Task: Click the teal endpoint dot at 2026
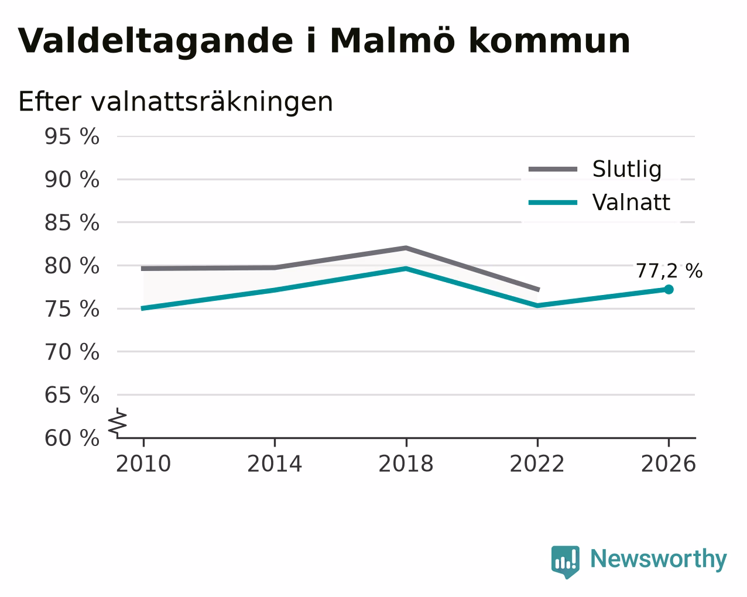(669, 289)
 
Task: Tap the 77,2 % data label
(669, 271)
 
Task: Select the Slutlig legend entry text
(626, 169)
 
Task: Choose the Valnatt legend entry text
(631, 203)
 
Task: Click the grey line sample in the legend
(553, 169)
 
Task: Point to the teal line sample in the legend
(553, 203)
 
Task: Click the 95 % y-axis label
(72, 136)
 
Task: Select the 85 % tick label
(72, 222)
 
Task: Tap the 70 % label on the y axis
(72, 352)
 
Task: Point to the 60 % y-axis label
(72, 438)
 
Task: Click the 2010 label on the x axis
(143, 464)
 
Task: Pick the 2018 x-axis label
(406, 464)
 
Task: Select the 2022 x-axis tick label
(537, 464)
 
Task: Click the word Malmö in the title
(392, 41)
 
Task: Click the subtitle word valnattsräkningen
(212, 102)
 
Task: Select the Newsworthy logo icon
(566, 562)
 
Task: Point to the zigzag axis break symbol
(118, 423)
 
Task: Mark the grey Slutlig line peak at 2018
(406, 248)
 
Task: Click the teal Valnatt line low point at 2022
(537, 306)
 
